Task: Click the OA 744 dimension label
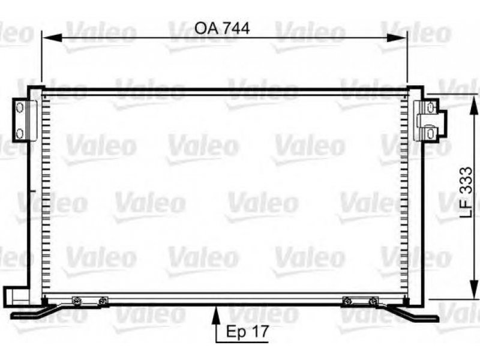click(x=222, y=28)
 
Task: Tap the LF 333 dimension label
click(x=467, y=192)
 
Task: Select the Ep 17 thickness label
click(x=247, y=332)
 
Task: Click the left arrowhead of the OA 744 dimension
click(x=52, y=38)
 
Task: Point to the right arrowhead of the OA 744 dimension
click(x=397, y=38)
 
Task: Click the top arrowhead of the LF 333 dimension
click(x=474, y=104)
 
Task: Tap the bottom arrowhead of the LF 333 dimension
click(x=474, y=289)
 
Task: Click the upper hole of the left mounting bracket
click(x=20, y=107)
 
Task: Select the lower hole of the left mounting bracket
click(x=20, y=133)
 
